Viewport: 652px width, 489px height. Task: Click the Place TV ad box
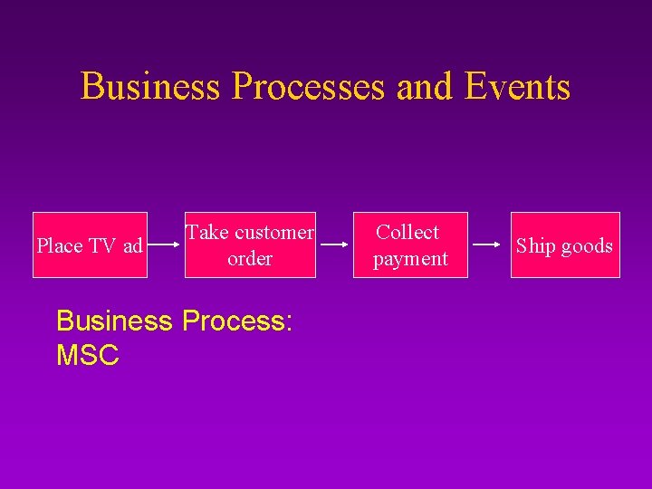click(x=90, y=244)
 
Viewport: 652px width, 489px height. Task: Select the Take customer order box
click(x=250, y=244)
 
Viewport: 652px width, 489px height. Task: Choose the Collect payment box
click(x=410, y=244)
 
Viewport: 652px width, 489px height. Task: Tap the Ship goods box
click(x=565, y=244)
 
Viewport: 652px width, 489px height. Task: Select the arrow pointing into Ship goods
click(x=489, y=244)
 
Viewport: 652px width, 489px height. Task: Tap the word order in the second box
click(x=250, y=259)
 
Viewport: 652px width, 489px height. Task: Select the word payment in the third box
click(x=410, y=259)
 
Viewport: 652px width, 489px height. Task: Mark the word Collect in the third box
click(x=407, y=233)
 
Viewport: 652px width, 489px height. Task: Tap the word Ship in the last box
click(x=535, y=246)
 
